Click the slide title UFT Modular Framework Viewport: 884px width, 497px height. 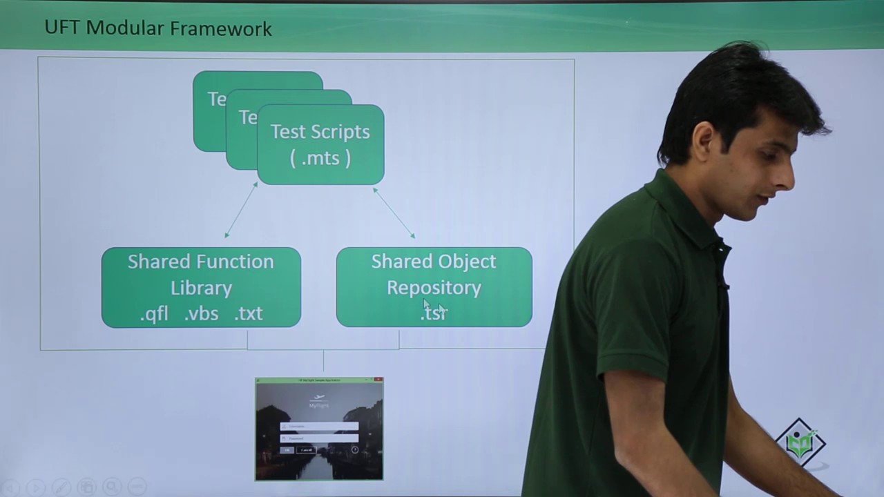coord(158,28)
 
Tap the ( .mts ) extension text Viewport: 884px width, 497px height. coord(320,158)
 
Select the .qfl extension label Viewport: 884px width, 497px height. coord(154,314)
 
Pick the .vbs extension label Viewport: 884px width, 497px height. coord(201,314)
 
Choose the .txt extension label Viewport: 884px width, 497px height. coord(249,314)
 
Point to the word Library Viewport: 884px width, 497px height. coord(201,288)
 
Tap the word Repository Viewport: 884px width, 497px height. coord(434,288)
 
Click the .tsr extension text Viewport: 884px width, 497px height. coord(434,313)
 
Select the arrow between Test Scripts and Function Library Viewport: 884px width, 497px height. coord(241,210)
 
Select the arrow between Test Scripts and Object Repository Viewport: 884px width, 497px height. coord(394,213)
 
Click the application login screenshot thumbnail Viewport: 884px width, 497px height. coord(319,429)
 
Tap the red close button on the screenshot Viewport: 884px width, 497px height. coord(378,380)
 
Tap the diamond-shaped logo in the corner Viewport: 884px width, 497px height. coord(800,442)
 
